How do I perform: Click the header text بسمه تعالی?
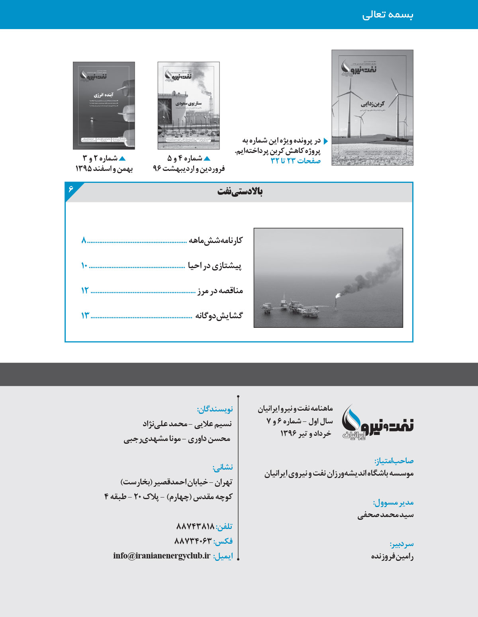click(388, 15)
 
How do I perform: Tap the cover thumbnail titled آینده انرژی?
click(104, 106)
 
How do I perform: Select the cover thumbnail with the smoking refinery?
click(188, 106)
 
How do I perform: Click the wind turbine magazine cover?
click(372, 108)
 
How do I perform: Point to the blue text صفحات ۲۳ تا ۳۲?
click(296, 161)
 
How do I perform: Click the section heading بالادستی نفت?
click(240, 192)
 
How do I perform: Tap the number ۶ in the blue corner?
click(71, 188)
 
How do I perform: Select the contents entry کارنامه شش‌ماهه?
click(215, 240)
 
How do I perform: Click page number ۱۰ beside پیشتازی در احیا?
click(84, 266)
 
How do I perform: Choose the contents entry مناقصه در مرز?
click(220, 291)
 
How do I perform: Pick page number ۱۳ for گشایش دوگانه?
click(85, 316)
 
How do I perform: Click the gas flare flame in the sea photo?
click(338, 295)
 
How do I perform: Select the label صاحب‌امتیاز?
click(394, 461)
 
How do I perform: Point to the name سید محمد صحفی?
click(385, 515)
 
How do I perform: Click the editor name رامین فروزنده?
click(392, 556)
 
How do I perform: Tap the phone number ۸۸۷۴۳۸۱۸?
click(195, 527)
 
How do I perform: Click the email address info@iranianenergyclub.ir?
click(161, 556)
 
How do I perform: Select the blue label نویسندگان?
click(215, 409)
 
